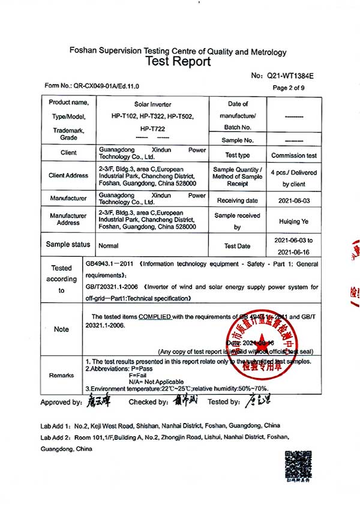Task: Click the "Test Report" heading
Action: click(178, 62)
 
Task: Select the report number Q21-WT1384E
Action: click(290, 76)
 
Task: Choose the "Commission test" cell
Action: click(294, 155)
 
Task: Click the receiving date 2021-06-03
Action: click(294, 200)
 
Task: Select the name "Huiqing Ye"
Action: click(294, 221)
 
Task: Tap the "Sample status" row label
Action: click(68, 245)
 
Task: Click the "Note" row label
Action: click(61, 329)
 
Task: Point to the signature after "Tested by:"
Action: click(262, 401)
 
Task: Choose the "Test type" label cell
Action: click(237, 155)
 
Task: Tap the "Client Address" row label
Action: click(68, 176)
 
